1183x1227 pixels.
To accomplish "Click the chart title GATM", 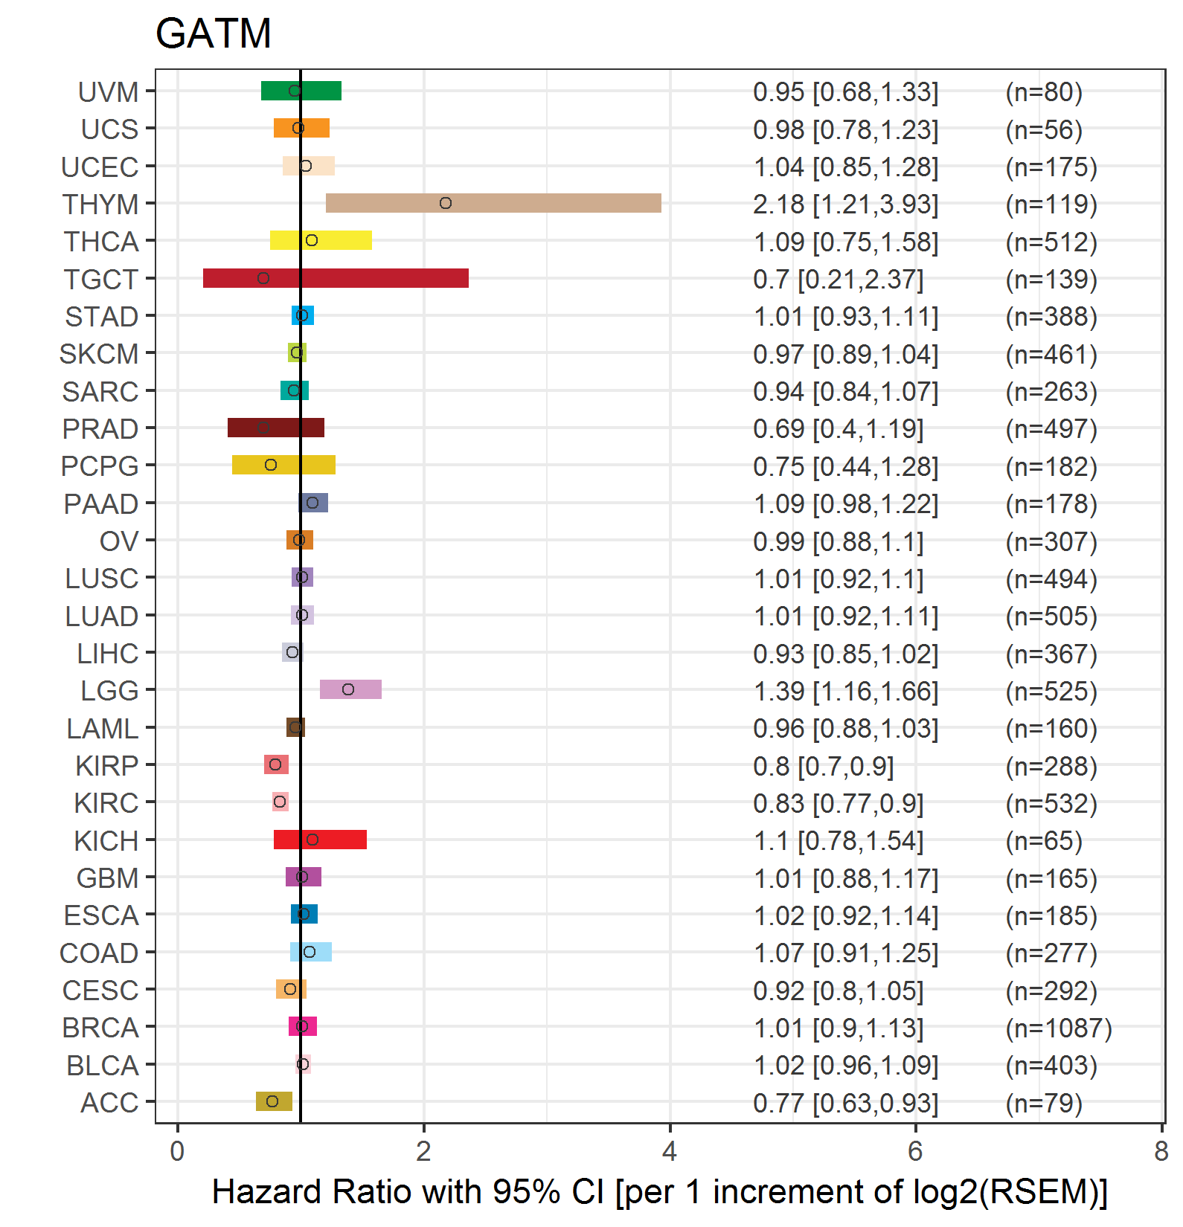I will pyautogui.click(x=213, y=33).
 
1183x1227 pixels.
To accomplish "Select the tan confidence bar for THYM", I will pyautogui.click(x=493, y=203).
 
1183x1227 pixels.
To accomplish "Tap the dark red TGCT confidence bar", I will pyautogui.click(x=336, y=278).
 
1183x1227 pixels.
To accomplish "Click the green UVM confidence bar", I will pyautogui.click(x=301, y=91).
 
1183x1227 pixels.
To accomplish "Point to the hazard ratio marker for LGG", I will pyautogui.click(x=348, y=689).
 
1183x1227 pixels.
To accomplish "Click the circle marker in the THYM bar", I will pyautogui.click(x=446, y=203).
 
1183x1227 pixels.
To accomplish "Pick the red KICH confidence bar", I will pyautogui.click(x=320, y=840).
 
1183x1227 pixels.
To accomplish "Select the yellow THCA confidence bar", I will pyautogui.click(x=321, y=240).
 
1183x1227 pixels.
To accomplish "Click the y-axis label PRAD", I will pyautogui.click(x=100, y=429).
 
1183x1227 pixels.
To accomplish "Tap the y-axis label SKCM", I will pyautogui.click(x=99, y=354).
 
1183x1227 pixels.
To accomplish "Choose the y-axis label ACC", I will pyautogui.click(x=109, y=1103).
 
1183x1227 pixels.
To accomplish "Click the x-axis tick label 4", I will pyautogui.click(x=670, y=1152).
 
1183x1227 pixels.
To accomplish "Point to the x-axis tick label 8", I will pyautogui.click(x=1161, y=1152).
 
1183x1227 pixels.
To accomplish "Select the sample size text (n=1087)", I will pyautogui.click(x=1058, y=1028).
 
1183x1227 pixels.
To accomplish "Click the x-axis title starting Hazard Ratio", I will pyautogui.click(x=659, y=1192).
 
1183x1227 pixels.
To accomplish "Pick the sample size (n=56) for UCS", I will pyautogui.click(x=1043, y=130).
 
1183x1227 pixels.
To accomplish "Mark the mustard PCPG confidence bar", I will pyautogui.click(x=283, y=465).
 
